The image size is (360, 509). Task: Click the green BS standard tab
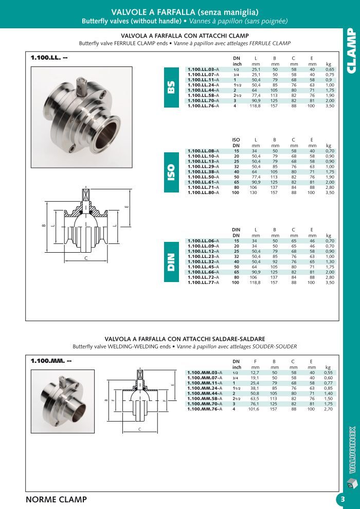tap(171, 87)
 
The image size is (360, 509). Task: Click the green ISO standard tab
tap(171, 172)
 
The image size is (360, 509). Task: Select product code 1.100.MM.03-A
tap(204, 372)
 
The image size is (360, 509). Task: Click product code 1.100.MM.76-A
tap(204, 409)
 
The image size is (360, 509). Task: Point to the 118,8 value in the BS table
tap(256, 106)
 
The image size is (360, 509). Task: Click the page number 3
tap(343, 499)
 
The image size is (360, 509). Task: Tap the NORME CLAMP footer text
tap(56, 499)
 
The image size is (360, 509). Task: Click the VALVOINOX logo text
tap(352, 448)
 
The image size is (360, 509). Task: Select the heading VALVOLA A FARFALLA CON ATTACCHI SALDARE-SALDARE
tap(185, 339)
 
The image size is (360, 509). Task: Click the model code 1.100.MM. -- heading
tap(50, 361)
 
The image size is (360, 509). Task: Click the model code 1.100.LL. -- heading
tap(49, 57)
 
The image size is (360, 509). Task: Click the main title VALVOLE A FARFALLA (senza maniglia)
tap(185, 12)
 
